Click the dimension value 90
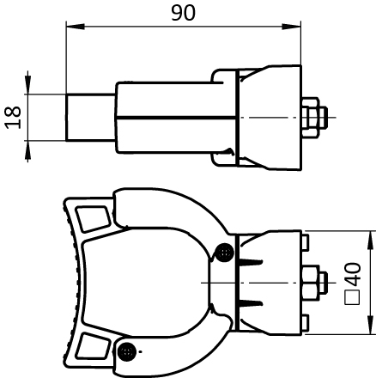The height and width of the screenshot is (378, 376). [183, 13]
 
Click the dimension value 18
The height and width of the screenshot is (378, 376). [13, 118]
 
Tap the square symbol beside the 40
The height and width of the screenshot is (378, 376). [352, 297]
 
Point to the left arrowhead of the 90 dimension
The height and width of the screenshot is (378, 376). [76, 27]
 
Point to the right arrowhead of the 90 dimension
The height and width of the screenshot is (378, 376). [292, 27]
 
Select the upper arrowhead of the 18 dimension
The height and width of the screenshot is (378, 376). [27, 84]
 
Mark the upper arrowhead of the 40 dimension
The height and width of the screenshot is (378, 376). [371, 240]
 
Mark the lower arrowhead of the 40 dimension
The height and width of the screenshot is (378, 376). [371, 325]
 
